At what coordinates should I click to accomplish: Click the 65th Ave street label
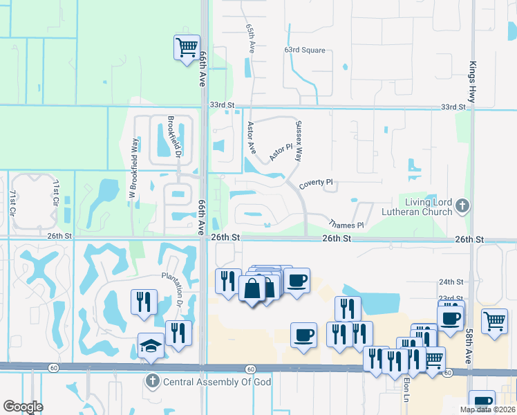(x=250, y=38)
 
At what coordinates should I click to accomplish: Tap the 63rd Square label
(x=304, y=50)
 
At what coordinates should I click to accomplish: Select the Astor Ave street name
(x=252, y=138)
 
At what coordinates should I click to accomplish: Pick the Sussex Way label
(x=299, y=141)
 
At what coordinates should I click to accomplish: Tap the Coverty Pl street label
(x=316, y=185)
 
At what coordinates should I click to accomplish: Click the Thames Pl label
(x=346, y=225)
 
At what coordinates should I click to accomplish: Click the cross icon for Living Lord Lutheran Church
(x=462, y=205)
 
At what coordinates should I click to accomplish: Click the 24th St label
(x=451, y=282)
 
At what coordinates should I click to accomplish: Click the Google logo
(x=23, y=406)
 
